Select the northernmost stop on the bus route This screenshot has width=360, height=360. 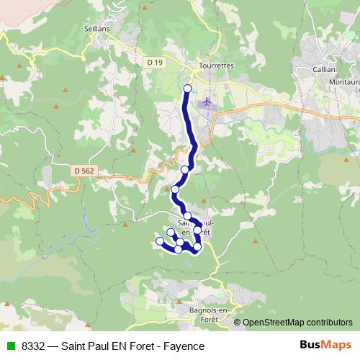(188, 89)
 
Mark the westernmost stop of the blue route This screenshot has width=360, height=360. (160, 240)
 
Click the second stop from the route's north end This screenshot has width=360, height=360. (185, 170)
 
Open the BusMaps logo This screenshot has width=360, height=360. (325, 345)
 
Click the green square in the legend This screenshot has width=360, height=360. (11, 346)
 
